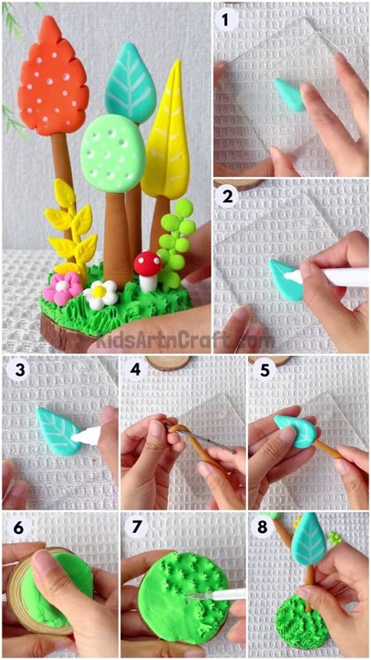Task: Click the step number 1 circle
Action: (x=228, y=20)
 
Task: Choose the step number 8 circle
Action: (x=263, y=528)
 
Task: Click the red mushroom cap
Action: (x=146, y=263)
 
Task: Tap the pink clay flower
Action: (x=62, y=288)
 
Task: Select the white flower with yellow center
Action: (x=99, y=295)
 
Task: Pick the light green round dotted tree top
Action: (x=113, y=153)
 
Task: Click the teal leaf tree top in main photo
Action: (x=130, y=82)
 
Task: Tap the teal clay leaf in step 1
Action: (x=291, y=94)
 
